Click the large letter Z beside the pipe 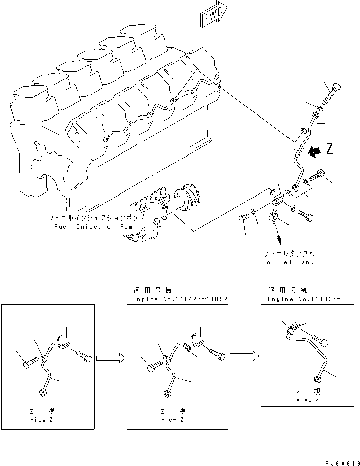330,148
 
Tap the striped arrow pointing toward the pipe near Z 315,150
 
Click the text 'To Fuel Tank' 288,262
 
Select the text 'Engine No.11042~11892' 179,299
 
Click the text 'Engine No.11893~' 304,299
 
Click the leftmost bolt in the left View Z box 30,363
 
